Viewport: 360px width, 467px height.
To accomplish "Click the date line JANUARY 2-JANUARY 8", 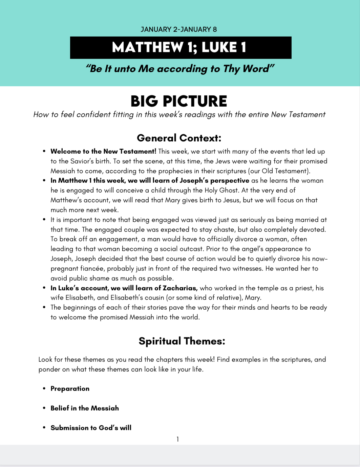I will click(x=179, y=29).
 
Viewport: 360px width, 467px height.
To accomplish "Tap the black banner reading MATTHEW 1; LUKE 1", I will click(x=181, y=48).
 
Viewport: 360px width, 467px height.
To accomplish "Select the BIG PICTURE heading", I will click(x=179, y=101).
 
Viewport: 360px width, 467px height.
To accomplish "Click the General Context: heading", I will click(x=179, y=138).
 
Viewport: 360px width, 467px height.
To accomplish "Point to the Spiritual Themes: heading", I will click(x=182, y=341).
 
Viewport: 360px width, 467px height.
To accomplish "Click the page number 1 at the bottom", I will click(x=177, y=439).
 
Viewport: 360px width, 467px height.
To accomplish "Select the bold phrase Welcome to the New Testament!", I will click(x=103, y=151).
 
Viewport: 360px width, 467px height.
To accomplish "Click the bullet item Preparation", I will click(x=70, y=388).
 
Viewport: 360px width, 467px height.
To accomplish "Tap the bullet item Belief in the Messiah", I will click(x=85, y=408).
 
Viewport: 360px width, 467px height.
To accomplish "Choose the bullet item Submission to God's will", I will click(x=91, y=428).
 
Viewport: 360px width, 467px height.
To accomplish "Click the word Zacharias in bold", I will click(x=180, y=288).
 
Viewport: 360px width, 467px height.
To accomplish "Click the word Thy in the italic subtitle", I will click(x=231, y=69).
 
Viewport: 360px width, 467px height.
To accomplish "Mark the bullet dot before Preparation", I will click(x=44, y=388).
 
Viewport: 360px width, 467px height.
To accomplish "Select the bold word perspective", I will click(x=230, y=181).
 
